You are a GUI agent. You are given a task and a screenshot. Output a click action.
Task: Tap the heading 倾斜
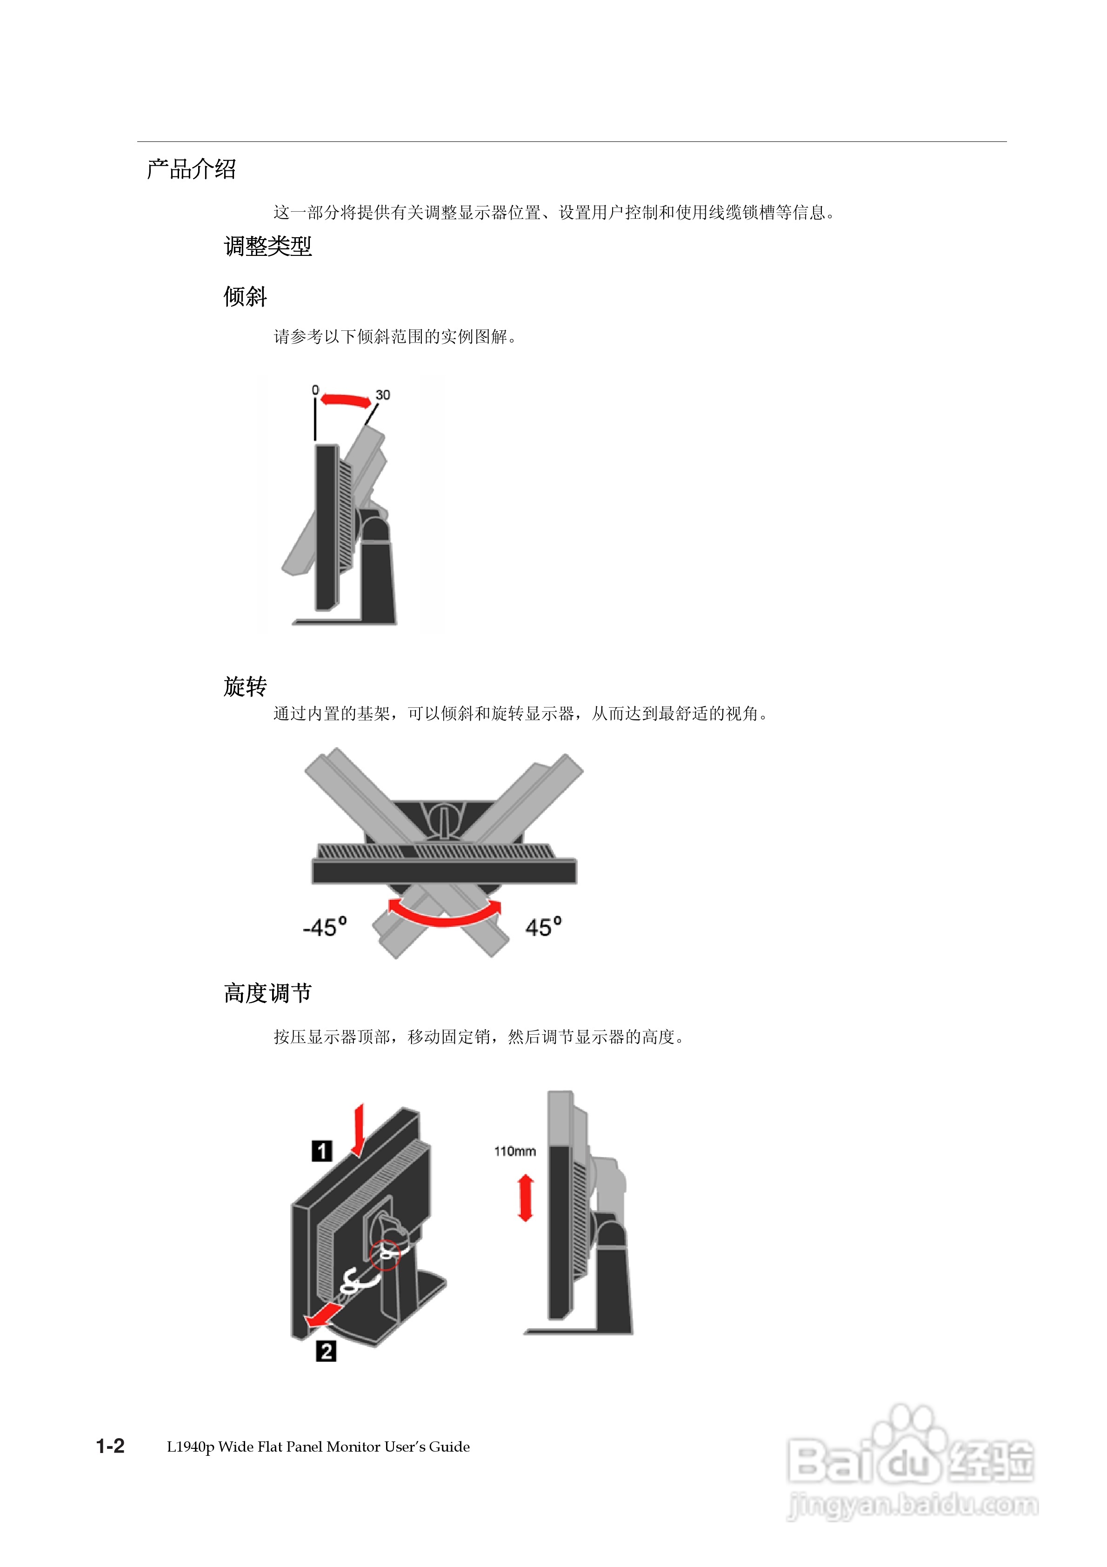(x=245, y=297)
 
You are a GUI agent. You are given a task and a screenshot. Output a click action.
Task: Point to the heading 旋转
(x=245, y=686)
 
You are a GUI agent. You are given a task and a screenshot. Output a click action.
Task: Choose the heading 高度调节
(x=267, y=993)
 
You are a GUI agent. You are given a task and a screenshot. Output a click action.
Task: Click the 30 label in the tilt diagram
(x=383, y=395)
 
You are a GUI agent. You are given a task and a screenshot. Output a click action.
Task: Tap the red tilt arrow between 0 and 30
(x=345, y=400)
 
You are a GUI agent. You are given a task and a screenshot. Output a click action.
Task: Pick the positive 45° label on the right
(x=543, y=927)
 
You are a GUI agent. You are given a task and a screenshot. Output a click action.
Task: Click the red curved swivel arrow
(x=444, y=915)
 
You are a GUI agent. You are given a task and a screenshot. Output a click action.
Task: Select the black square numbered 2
(x=326, y=1351)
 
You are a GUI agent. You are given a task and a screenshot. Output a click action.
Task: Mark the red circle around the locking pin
(x=385, y=1254)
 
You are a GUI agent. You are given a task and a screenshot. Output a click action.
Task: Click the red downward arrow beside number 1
(x=358, y=1130)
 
